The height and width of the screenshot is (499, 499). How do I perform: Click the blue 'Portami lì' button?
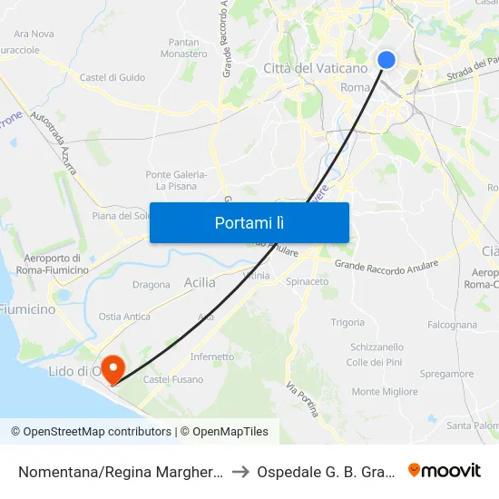[x=249, y=222]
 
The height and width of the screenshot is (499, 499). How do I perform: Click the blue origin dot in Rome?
[x=386, y=60]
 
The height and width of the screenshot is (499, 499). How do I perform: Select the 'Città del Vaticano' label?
[x=315, y=68]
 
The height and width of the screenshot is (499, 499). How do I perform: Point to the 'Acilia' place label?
[x=200, y=282]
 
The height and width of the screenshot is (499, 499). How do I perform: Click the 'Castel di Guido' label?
[x=113, y=78]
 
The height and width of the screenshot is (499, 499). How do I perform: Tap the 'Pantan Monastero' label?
[x=184, y=48]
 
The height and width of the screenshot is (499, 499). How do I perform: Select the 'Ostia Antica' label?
[x=124, y=317]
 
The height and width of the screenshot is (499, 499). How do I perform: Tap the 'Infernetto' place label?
[x=212, y=357]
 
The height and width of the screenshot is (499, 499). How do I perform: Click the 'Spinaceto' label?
[x=308, y=282]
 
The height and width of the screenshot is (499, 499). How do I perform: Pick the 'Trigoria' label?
[x=347, y=323]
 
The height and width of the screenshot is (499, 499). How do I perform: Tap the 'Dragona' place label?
[x=152, y=285]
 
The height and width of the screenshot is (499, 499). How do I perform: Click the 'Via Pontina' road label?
[x=303, y=399]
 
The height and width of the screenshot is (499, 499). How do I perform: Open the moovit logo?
[x=445, y=470]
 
